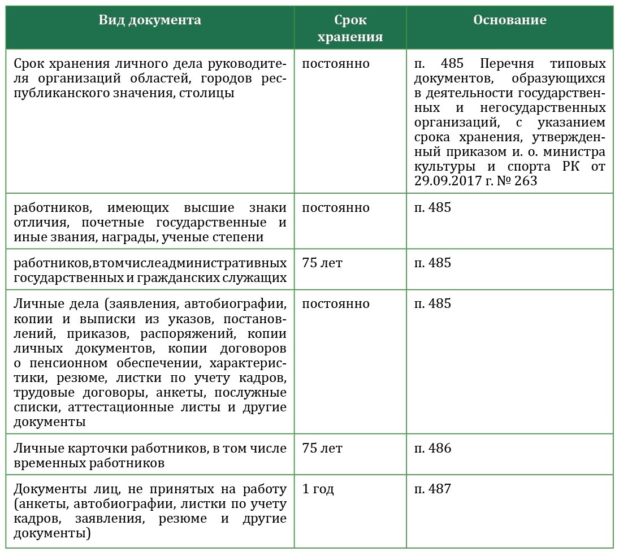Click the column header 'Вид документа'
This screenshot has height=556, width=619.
pyautogui.click(x=149, y=20)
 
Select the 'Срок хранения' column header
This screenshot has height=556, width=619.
pyautogui.click(x=350, y=28)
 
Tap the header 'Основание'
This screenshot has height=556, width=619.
pyautogui.click(x=509, y=20)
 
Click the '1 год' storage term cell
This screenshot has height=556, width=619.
pyautogui.click(x=318, y=489)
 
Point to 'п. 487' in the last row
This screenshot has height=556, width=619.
pyautogui.click(x=433, y=489)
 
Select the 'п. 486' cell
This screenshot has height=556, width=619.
pyautogui.click(x=433, y=449)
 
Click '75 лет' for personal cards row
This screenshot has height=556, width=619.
pyautogui.click(x=322, y=449)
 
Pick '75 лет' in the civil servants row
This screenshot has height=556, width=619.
pyautogui.click(x=322, y=263)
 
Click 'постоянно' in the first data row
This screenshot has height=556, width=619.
pyautogui.click(x=336, y=63)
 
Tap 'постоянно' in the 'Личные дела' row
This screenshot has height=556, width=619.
pyautogui.click(x=336, y=304)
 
